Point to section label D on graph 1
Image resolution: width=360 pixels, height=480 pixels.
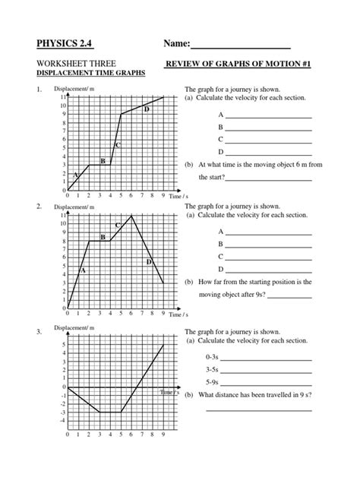point(147,110)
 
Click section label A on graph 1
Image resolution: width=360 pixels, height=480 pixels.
point(77,174)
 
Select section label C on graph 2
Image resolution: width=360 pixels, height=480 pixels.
point(118,226)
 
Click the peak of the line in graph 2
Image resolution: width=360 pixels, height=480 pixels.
point(132,216)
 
